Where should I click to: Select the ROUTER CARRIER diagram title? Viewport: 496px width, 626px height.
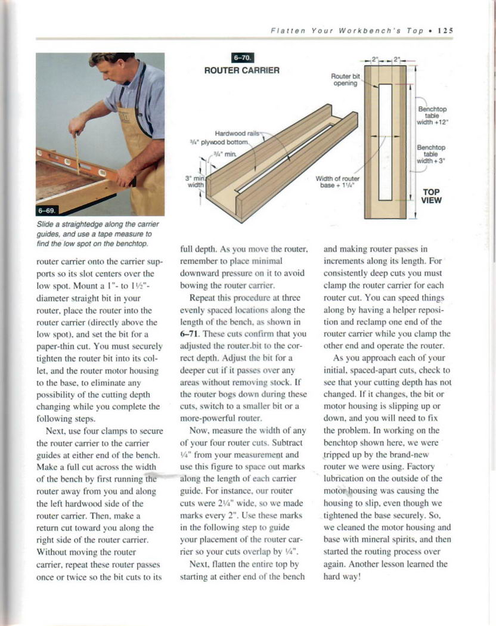(242, 70)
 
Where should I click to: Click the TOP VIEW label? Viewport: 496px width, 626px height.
(432, 196)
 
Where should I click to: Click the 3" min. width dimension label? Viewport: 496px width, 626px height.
(195, 181)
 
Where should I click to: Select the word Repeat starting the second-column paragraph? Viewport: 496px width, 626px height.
(203, 297)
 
